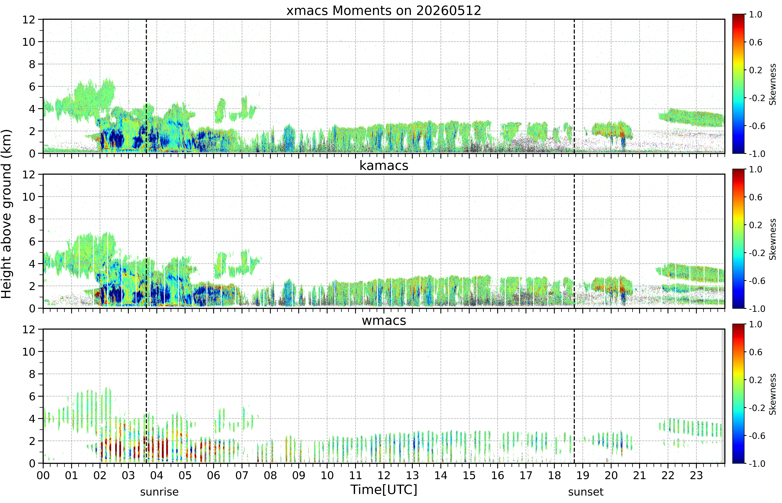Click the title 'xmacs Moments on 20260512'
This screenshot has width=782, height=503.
coord(384,11)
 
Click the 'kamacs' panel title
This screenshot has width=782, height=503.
coord(384,166)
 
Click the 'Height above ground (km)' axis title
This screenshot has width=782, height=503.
coord(6,214)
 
